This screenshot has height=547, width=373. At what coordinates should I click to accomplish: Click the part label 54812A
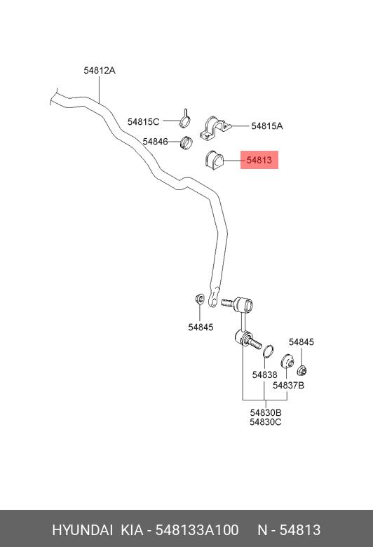[100, 70]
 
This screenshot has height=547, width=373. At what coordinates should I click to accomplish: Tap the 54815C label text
[143, 122]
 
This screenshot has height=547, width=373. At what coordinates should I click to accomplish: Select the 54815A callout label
[267, 126]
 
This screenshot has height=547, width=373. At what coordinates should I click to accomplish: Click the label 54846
[155, 142]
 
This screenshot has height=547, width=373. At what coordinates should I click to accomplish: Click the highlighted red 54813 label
[259, 160]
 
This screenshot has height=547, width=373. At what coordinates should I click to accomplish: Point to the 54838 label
[264, 374]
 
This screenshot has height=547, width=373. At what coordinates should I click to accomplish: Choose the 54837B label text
[288, 386]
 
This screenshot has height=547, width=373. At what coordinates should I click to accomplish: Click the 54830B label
[266, 412]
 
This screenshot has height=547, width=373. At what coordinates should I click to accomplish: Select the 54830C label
[266, 422]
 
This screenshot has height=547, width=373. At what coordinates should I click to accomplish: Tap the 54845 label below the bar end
[201, 327]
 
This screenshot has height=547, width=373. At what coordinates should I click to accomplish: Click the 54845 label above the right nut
[301, 342]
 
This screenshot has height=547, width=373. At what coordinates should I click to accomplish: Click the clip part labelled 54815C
[185, 119]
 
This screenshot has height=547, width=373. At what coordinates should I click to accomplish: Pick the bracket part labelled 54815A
[215, 128]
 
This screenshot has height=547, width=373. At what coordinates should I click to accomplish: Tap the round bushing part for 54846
[186, 142]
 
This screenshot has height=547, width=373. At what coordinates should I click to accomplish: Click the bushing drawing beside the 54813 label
[214, 161]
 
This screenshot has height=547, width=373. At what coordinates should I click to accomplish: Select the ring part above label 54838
[268, 351]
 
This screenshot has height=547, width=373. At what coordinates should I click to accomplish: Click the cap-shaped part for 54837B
[287, 361]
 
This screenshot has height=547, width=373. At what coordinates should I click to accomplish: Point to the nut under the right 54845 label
[301, 370]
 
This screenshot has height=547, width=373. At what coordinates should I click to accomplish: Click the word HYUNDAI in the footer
[82, 530]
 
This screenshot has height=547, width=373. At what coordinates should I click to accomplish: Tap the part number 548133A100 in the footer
[197, 530]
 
